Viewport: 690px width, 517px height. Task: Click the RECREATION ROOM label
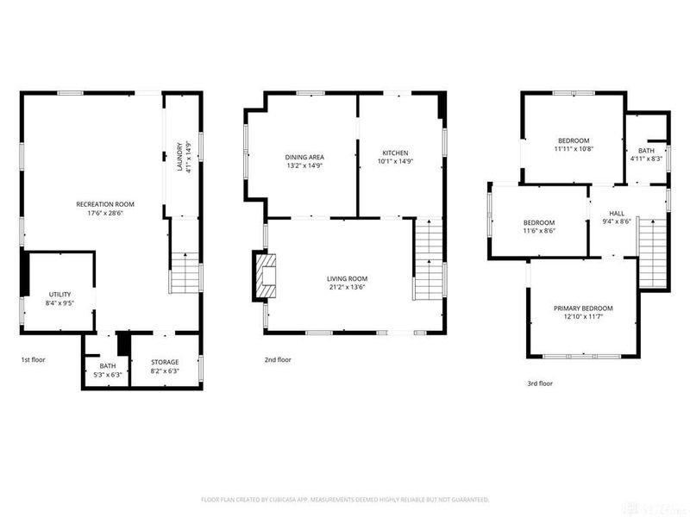coord(105,204)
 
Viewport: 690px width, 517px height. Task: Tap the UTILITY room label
coord(60,294)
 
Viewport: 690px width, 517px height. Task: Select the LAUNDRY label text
coord(181,157)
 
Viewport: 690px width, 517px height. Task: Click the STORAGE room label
coord(165,362)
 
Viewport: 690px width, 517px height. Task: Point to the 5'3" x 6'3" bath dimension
coord(107,374)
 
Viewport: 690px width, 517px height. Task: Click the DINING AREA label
coord(304,157)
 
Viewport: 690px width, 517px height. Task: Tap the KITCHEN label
coord(395,153)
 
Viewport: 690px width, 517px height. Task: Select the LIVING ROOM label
coord(347,278)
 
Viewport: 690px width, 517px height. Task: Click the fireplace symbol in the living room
coord(267,277)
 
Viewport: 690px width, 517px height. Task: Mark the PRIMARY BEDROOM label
coord(583,308)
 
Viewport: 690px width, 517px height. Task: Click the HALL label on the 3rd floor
coord(617,213)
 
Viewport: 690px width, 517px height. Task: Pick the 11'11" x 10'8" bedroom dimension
coord(574,149)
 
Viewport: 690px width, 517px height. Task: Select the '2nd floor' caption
coord(278,359)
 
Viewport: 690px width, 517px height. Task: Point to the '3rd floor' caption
coord(539,383)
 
